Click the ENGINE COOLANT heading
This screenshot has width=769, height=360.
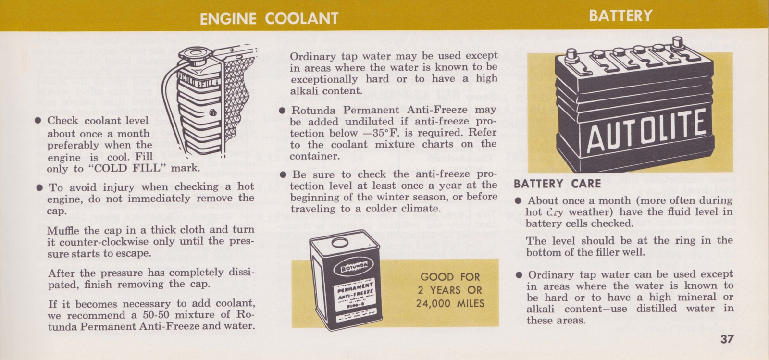pos(269,18)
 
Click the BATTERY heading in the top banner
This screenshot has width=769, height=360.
pos(620,16)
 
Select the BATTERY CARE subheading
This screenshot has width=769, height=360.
pos(557,184)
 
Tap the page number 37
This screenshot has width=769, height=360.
pos(727,339)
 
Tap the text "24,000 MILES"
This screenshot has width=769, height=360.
pos(450,304)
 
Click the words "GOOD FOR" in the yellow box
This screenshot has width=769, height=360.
pos(450,277)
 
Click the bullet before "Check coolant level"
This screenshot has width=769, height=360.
pos(38,120)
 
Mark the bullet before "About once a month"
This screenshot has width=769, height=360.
pos(518,201)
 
